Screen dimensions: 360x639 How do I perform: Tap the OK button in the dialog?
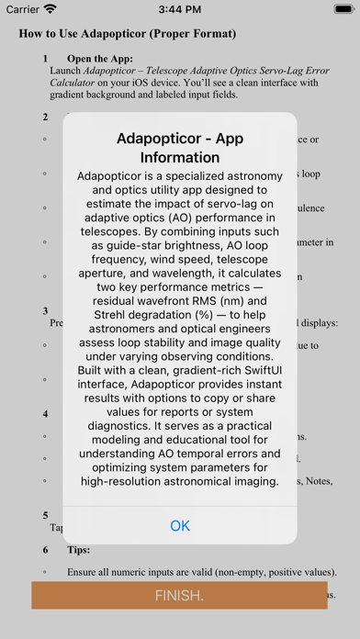click(180, 525)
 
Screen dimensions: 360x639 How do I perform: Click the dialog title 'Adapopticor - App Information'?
click(180, 148)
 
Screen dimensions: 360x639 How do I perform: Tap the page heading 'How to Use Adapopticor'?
click(128, 34)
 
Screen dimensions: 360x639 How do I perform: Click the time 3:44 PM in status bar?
click(180, 9)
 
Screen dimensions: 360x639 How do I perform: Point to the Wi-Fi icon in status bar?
click(50, 9)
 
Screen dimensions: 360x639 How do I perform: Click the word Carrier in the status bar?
click(21, 9)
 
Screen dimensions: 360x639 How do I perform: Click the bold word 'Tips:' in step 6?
click(79, 550)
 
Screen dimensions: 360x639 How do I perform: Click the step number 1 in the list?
click(45, 60)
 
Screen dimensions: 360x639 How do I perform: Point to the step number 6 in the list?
click(45, 550)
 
